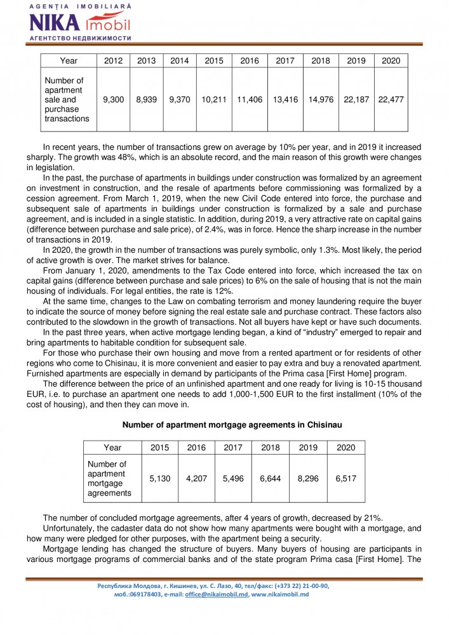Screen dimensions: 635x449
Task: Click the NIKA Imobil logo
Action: (79, 23)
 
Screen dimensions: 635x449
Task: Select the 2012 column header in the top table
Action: (113, 61)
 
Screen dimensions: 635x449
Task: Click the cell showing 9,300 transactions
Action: (113, 100)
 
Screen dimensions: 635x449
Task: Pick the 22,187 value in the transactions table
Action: (356, 100)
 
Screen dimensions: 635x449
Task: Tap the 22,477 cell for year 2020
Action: (391, 100)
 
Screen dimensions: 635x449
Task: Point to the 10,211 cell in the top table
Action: (214, 100)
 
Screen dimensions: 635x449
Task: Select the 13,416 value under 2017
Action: (285, 100)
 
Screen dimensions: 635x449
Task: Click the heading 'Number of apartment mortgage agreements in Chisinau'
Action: (224, 424)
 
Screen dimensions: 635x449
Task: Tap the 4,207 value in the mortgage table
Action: (196, 478)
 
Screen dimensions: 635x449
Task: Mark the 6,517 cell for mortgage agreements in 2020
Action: (345, 478)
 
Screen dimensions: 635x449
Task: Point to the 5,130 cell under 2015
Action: (159, 478)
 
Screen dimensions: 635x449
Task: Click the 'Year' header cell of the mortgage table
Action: (112, 447)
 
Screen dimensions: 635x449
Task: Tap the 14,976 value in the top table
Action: (321, 100)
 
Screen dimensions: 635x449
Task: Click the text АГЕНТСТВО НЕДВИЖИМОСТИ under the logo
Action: (80, 38)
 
